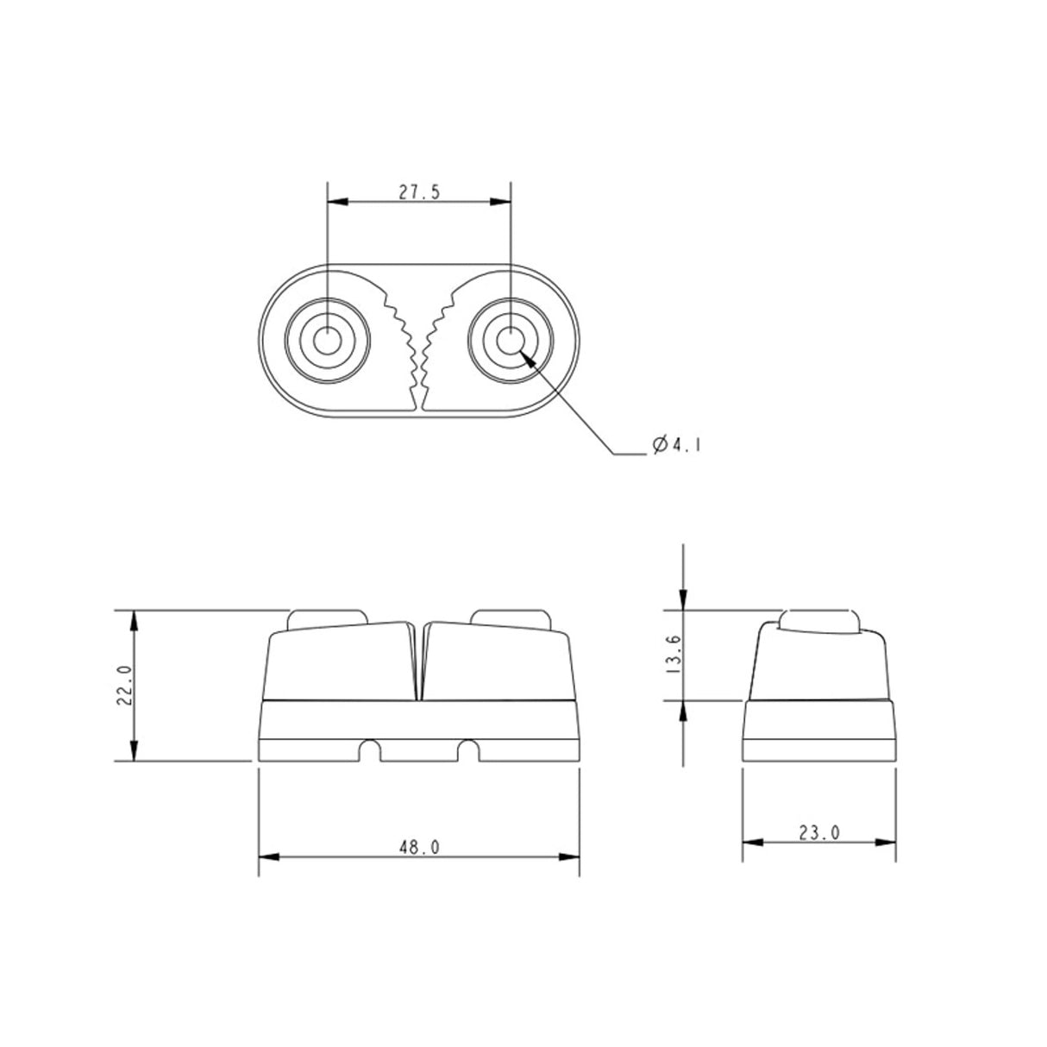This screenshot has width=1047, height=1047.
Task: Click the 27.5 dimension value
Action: pyautogui.click(x=419, y=192)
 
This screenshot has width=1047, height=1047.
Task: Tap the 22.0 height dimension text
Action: pyautogui.click(x=123, y=686)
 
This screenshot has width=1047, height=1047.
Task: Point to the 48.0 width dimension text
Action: pyautogui.click(x=419, y=848)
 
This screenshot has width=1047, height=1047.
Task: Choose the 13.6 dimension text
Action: pyautogui.click(x=674, y=654)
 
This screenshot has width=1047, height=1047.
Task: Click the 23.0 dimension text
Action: pyautogui.click(x=818, y=832)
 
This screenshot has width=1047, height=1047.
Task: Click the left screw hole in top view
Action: pyautogui.click(x=327, y=341)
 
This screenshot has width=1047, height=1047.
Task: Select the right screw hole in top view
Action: pyautogui.click(x=511, y=341)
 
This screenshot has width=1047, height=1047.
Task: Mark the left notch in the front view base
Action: pyautogui.click(x=370, y=751)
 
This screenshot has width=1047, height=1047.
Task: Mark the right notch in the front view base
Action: pyautogui.click(x=468, y=751)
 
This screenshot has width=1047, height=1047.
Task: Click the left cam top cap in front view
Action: pyautogui.click(x=326, y=617)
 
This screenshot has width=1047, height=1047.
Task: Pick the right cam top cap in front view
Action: pyautogui.click(x=511, y=617)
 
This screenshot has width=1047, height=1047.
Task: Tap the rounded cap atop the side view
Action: pyautogui.click(x=818, y=619)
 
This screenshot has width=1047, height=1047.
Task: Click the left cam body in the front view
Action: pyautogui.click(x=341, y=660)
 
